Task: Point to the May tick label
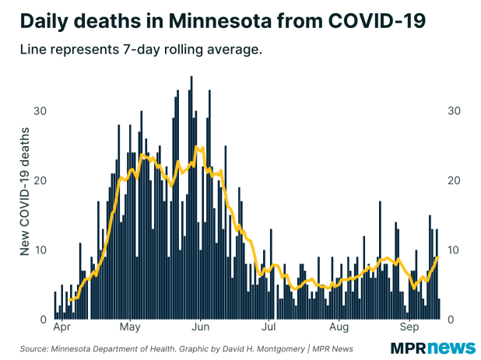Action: point(130,327)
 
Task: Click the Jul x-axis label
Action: point(269,327)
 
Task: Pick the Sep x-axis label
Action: point(410,327)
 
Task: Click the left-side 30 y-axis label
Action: point(39,110)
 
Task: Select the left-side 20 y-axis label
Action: point(39,180)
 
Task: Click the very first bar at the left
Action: point(54,306)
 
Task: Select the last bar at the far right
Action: point(439,309)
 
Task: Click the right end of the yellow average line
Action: point(438,257)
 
